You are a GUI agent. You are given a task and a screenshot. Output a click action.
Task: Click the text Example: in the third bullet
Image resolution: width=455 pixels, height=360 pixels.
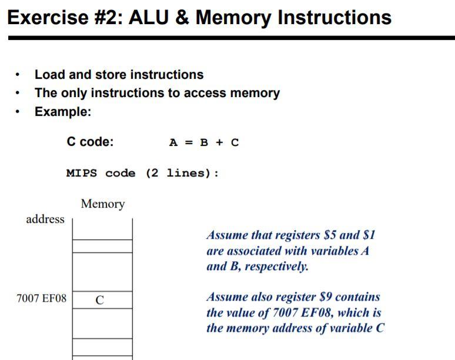pos(63,112)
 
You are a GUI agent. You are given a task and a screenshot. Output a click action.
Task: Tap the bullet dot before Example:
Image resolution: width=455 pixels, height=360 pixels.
pos(19,112)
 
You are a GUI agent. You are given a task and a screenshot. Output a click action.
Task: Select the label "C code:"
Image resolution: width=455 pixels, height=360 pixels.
pos(90,142)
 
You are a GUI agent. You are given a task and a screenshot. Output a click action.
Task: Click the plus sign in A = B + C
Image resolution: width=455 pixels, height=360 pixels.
pos(219,143)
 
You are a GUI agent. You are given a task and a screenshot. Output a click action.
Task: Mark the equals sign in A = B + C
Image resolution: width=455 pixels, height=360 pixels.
pos(189,143)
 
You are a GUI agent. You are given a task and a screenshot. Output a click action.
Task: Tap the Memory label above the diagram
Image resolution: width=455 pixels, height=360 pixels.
pos(103,204)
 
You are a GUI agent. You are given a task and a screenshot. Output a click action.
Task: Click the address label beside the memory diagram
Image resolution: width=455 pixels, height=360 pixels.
pos(45,219)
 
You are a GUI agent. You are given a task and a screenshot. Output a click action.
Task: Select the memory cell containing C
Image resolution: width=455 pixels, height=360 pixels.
pos(102,299)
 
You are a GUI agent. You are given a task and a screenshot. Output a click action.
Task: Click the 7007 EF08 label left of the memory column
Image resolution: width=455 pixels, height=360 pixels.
pos(42,299)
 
